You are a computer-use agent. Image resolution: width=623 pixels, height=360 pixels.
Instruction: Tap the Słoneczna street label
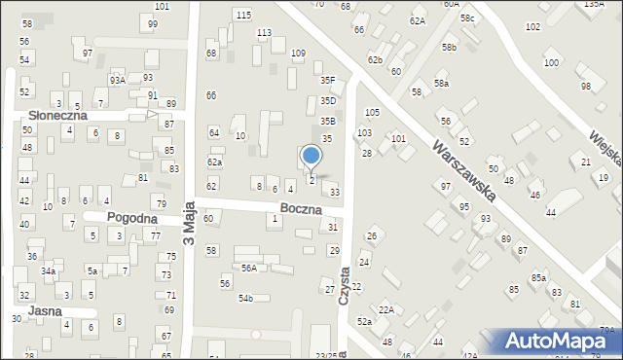click(57, 115)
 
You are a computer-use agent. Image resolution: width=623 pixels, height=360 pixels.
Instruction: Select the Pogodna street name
click(132, 219)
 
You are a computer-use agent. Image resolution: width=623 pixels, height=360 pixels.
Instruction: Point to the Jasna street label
click(46, 311)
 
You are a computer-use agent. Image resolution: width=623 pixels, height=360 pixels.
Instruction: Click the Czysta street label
click(344, 288)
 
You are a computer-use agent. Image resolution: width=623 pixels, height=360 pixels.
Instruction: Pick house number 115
click(243, 15)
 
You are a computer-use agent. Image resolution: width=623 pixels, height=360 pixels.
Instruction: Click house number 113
click(264, 33)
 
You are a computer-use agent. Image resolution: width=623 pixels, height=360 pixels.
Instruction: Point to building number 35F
click(328, 81)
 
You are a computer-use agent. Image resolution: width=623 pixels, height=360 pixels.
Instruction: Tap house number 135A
click(594, 5)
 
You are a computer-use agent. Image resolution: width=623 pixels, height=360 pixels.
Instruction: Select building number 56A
click(249, 268)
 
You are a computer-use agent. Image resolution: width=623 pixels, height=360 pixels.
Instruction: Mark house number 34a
click(48, 271)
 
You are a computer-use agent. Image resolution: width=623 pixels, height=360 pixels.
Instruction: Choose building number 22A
click(386, 309)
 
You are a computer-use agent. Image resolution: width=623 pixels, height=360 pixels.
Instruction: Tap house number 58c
click(469, 18)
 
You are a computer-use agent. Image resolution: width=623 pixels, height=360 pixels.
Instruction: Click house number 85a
click(538, 277)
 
